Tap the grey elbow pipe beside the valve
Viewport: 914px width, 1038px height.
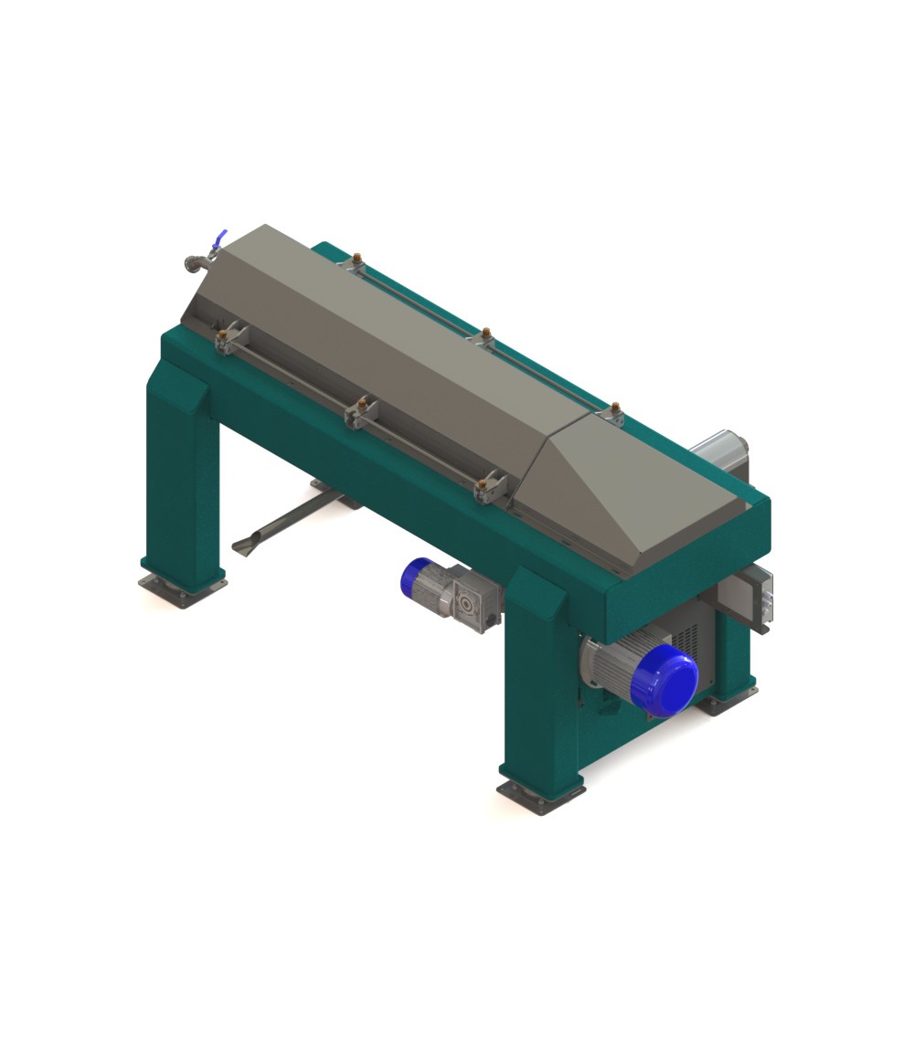(x=194, y=263)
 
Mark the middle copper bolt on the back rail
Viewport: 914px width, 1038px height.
(x=486, y=335)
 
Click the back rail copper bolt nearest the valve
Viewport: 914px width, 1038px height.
(x=357, y=262)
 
